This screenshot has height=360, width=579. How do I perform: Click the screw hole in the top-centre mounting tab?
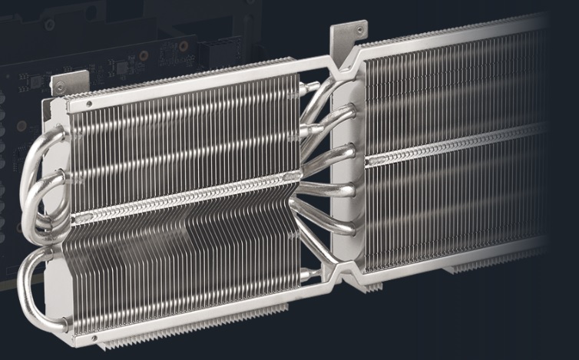click(362, 30)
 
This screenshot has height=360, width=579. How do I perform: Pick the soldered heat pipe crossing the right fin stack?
click(453, 145)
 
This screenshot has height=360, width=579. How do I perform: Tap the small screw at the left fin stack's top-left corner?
click(89, 103)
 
